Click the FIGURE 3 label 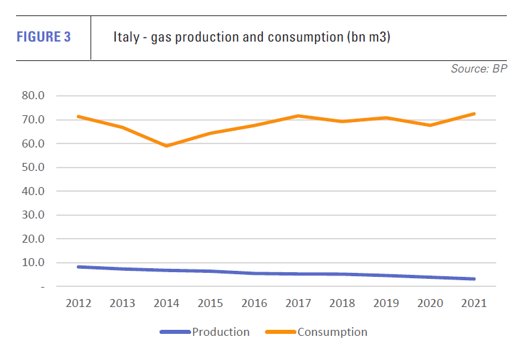(43, 37)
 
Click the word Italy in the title (125, 37)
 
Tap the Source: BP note (479, 69)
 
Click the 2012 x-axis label (79, 303)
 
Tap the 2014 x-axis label (167, 303)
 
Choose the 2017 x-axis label (298, 303)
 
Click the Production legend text (221, 332)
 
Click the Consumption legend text (332, 332)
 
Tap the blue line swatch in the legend (175, 332)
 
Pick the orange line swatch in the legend (281, 332)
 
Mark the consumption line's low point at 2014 (167, 145)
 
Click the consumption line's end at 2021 (474, 113)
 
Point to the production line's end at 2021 (474, 279)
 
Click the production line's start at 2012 (79, 267)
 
